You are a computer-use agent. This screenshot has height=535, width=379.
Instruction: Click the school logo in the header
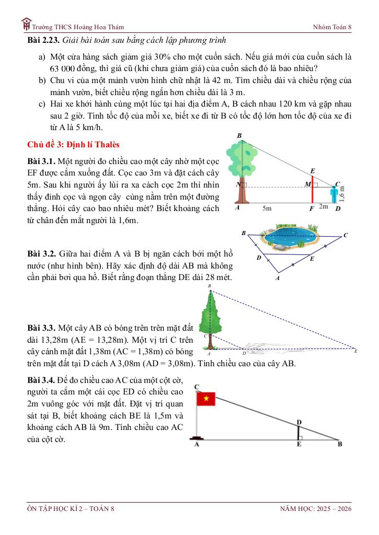(x=26, y=24)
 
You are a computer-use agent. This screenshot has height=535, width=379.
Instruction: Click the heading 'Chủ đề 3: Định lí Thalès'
(x=74, y=144)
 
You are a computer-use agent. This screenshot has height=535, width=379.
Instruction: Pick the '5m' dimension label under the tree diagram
(x=267, y=207)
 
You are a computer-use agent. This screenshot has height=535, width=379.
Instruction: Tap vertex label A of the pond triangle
(x=278, y=278)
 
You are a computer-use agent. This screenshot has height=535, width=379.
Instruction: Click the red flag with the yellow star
(x=205, y=399)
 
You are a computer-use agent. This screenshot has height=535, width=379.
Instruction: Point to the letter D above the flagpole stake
(x=298, y=422)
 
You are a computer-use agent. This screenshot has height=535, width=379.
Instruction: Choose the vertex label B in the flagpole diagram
(x=340, y=445)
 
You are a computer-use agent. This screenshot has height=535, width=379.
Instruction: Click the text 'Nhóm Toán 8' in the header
(x=332, y=27)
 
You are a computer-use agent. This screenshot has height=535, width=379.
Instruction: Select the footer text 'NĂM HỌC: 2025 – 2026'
(x=316, y=509)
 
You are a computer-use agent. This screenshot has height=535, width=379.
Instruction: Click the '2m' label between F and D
(x=323, y=207)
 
